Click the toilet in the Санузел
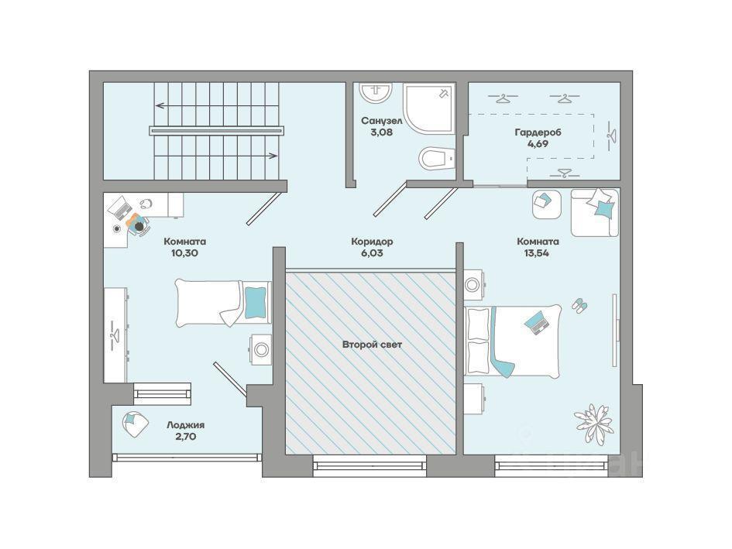click(437, 158)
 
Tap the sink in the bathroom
click(376, 91)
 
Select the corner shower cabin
click(428, 108)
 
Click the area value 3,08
click(381, 132)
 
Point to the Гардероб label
click(538, 132)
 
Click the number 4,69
click(538, 144)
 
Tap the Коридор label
click(372, 242)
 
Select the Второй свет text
click(372, 345)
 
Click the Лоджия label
click(186, 425)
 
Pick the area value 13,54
click(538, 253)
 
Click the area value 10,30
click(185, 253)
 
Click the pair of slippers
click(580, 305)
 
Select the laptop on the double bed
click(537, 322)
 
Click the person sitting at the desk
click(138, 224)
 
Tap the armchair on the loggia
click(135, 424)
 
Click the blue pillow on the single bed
click(256, 301)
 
